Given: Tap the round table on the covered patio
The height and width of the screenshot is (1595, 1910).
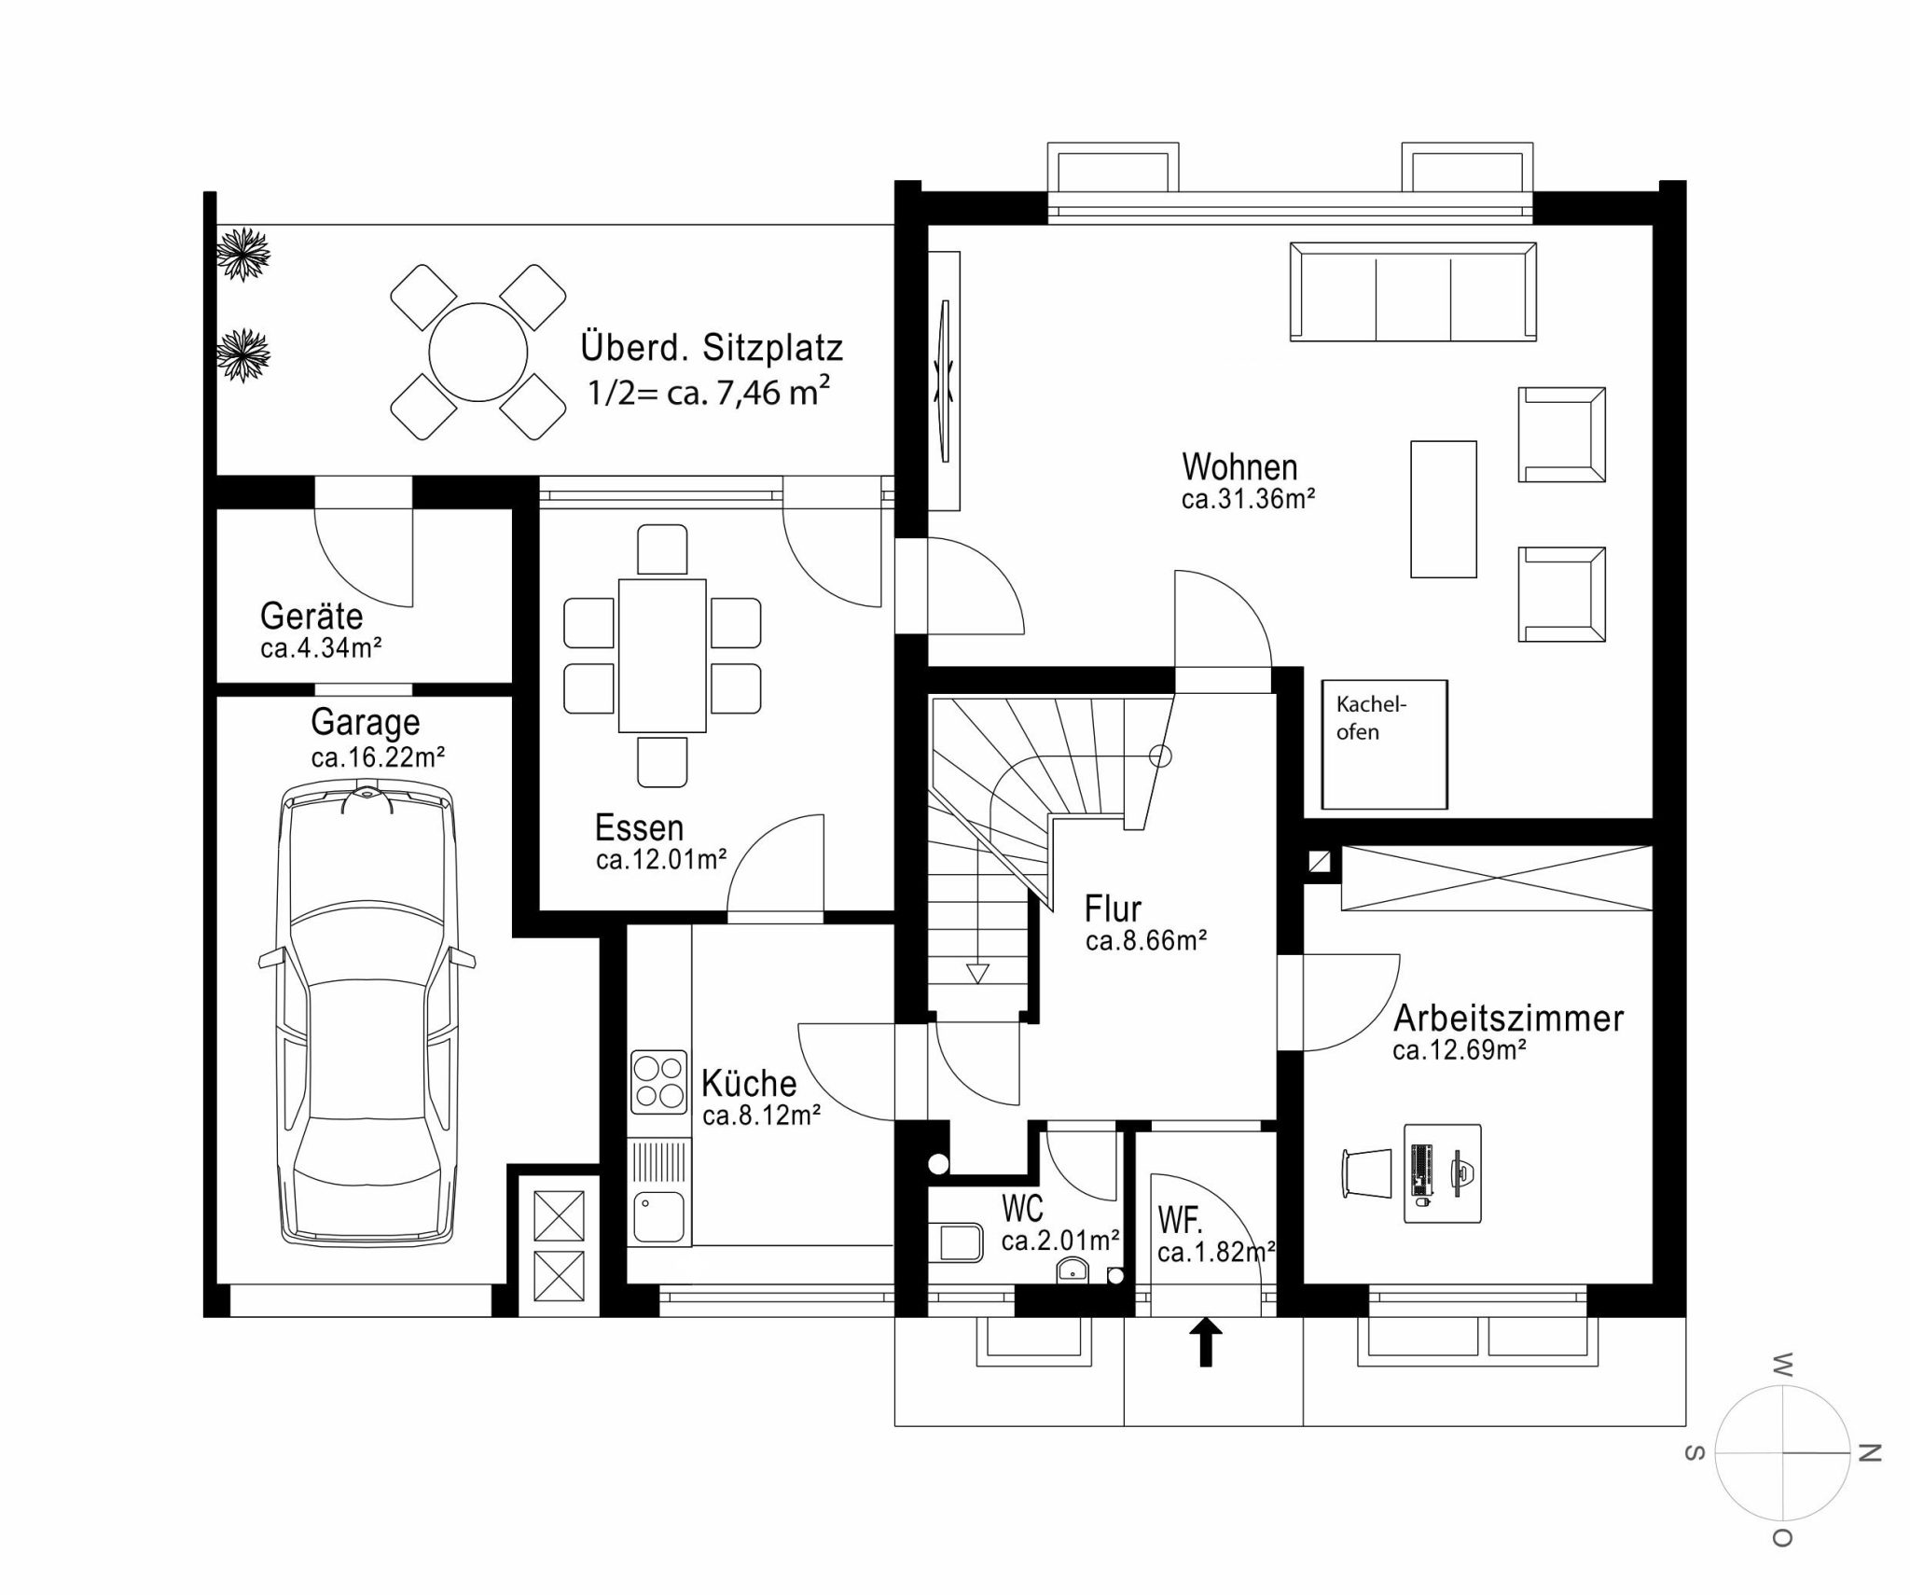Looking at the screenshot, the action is [x=477, y=353].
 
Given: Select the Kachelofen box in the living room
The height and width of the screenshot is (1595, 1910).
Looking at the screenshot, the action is [x=1385, y=744].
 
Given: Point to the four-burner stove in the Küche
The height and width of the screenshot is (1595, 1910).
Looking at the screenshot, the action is [x=659, y=1082].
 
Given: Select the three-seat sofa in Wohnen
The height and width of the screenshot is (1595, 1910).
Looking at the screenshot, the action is [x=1414, y=291].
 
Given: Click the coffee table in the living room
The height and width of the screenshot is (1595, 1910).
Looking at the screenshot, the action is [x=1444, y=509].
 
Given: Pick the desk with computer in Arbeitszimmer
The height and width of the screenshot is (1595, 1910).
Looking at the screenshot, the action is [x=1443, y=1172].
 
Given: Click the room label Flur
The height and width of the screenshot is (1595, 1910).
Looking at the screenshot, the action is [x=1113, y=908].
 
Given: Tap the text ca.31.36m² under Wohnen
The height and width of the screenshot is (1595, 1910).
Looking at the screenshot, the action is [x=1248, y=499].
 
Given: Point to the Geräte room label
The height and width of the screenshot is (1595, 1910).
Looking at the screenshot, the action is [x=311, y=617].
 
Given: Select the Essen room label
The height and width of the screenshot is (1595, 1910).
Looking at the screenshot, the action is [x=640, y=828].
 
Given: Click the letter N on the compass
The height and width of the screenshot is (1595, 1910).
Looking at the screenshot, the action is [x=1869, y=1479].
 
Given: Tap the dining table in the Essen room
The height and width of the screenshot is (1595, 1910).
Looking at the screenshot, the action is [x=662, y=655].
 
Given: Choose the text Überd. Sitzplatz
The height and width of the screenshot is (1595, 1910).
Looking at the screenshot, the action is [x=712, y=348].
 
